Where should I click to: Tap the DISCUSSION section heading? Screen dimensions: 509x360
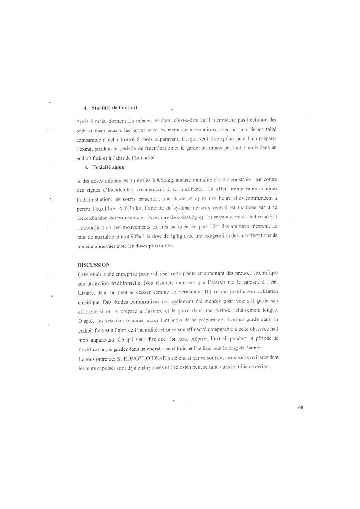(94, 265)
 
